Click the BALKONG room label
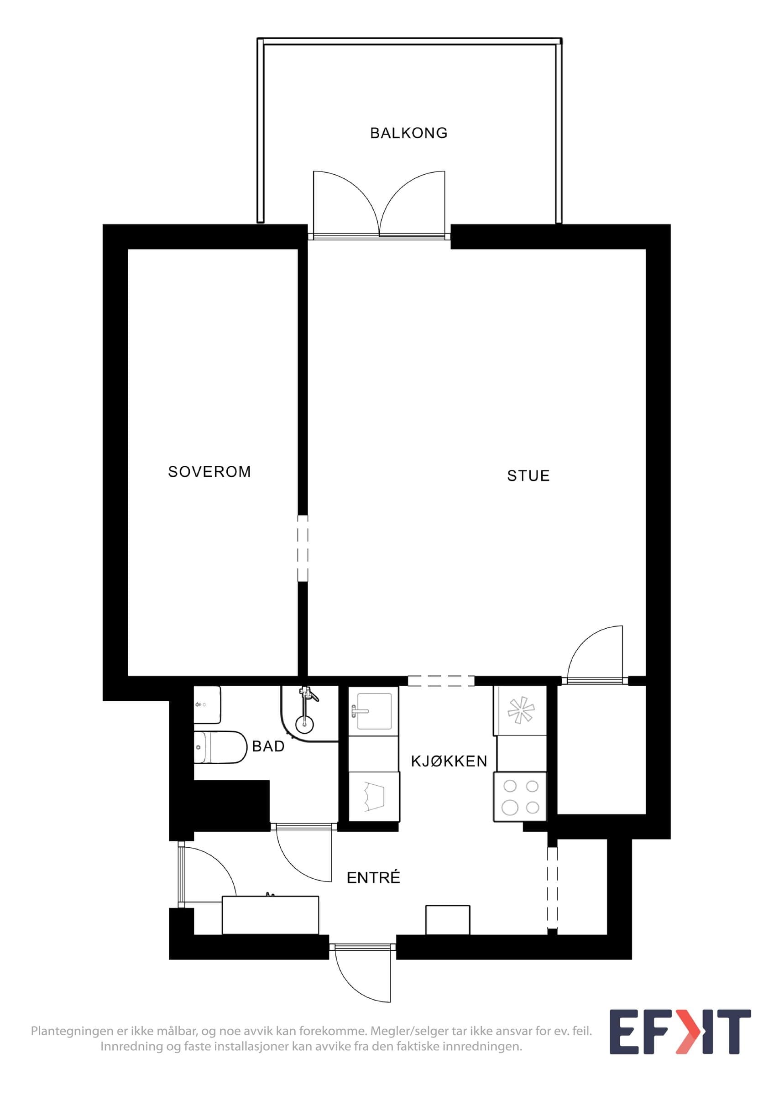[x=409, y=133]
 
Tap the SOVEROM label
[x=209, y=472]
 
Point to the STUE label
[x=528, y=476]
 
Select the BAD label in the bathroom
[x=268, y=746]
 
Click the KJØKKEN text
[x=449, y=761]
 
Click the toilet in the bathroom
[x=219, y=747]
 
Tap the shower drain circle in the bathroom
[x=305, y=725]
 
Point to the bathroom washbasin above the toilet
[x=208, y=705]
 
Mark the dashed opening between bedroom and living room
[x=303, y=548]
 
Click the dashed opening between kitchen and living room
[x=442, y=681]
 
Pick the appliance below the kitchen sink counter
[x=374, y=796]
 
